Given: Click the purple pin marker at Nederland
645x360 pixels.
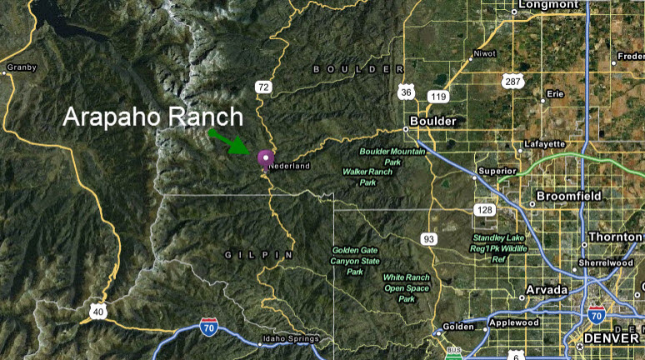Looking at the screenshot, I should click(266, 158).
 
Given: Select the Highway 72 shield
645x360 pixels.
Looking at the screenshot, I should click(263, 87).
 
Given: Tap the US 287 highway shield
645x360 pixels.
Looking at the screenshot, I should click(512, 81).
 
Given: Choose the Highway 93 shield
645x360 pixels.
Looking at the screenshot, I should click(429, 239).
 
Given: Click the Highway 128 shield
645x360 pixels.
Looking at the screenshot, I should click(484, 209).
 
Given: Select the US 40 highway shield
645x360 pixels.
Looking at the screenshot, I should click(98, 312).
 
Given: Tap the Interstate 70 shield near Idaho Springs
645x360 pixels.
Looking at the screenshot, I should click(209, 324).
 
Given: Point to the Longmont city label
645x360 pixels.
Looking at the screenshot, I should click(547, 5).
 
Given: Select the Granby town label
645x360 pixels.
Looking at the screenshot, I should click(21, 67).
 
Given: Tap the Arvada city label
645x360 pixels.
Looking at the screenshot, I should click(547, 289).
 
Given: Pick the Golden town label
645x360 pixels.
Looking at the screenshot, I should click(457, 326).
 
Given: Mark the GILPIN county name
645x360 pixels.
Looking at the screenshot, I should click(259, 253).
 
